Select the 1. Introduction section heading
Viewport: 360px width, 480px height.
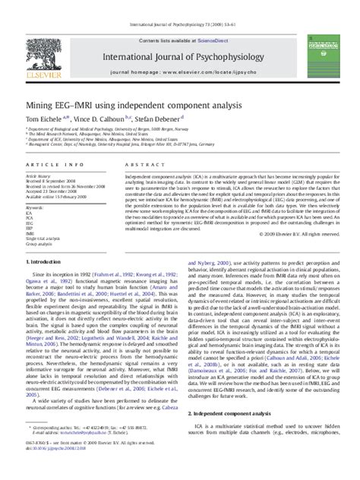pyautogui.click(x=48, y=241)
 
